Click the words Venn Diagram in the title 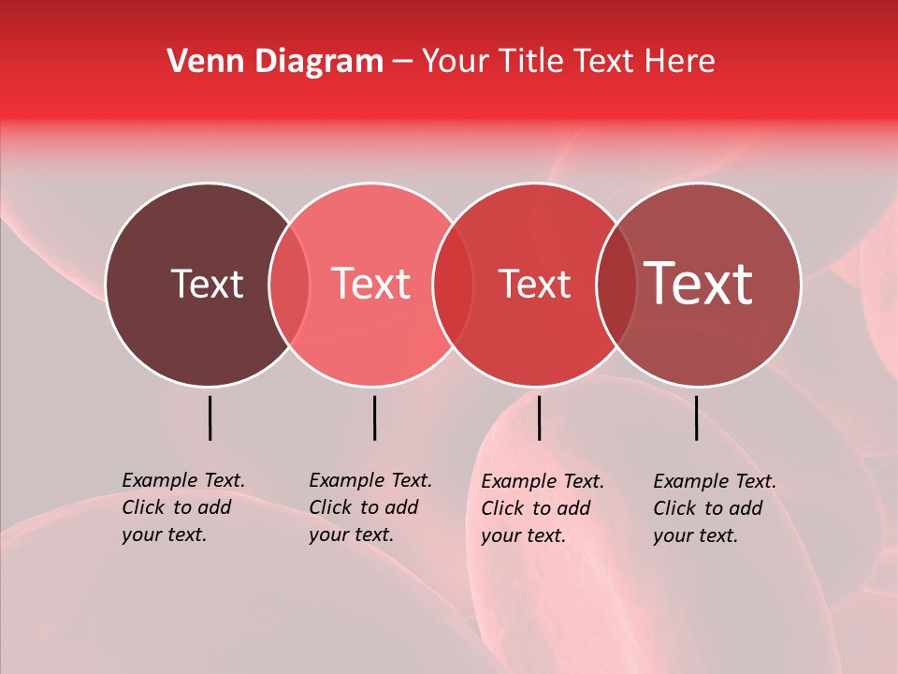[275, 62]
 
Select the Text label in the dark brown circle [207, 284]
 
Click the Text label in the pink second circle [371, 284]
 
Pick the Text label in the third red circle [534, 284]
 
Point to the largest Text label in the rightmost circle [699, 284]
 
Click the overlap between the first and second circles [289, 285]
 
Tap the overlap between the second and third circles [453, 285]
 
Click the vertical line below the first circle [210, 418]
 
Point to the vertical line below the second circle [374, 418]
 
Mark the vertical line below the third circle [539, 418]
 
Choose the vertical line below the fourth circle [697, 418]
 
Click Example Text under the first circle [183, 480]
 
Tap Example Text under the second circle [370, 480]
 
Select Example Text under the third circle [543, 481]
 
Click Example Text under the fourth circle [715, 481]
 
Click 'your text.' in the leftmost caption [164, 535]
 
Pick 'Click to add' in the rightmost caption [708, 508]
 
